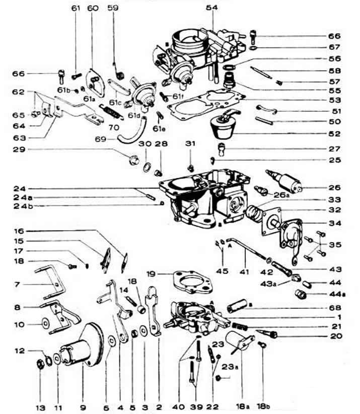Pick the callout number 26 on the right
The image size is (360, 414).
pos(334,186)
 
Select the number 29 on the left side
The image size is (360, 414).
pos(19,150)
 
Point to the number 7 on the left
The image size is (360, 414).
pos(17,285)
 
